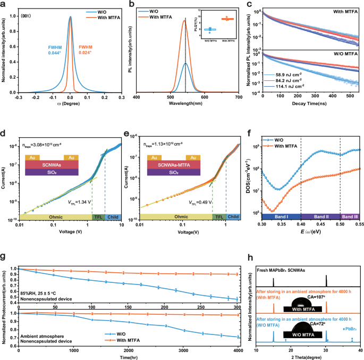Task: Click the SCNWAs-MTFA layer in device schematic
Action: (174, 165)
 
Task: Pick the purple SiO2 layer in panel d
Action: (53, 172)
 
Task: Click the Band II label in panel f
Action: (320, 217)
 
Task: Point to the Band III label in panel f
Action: (350, 217)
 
